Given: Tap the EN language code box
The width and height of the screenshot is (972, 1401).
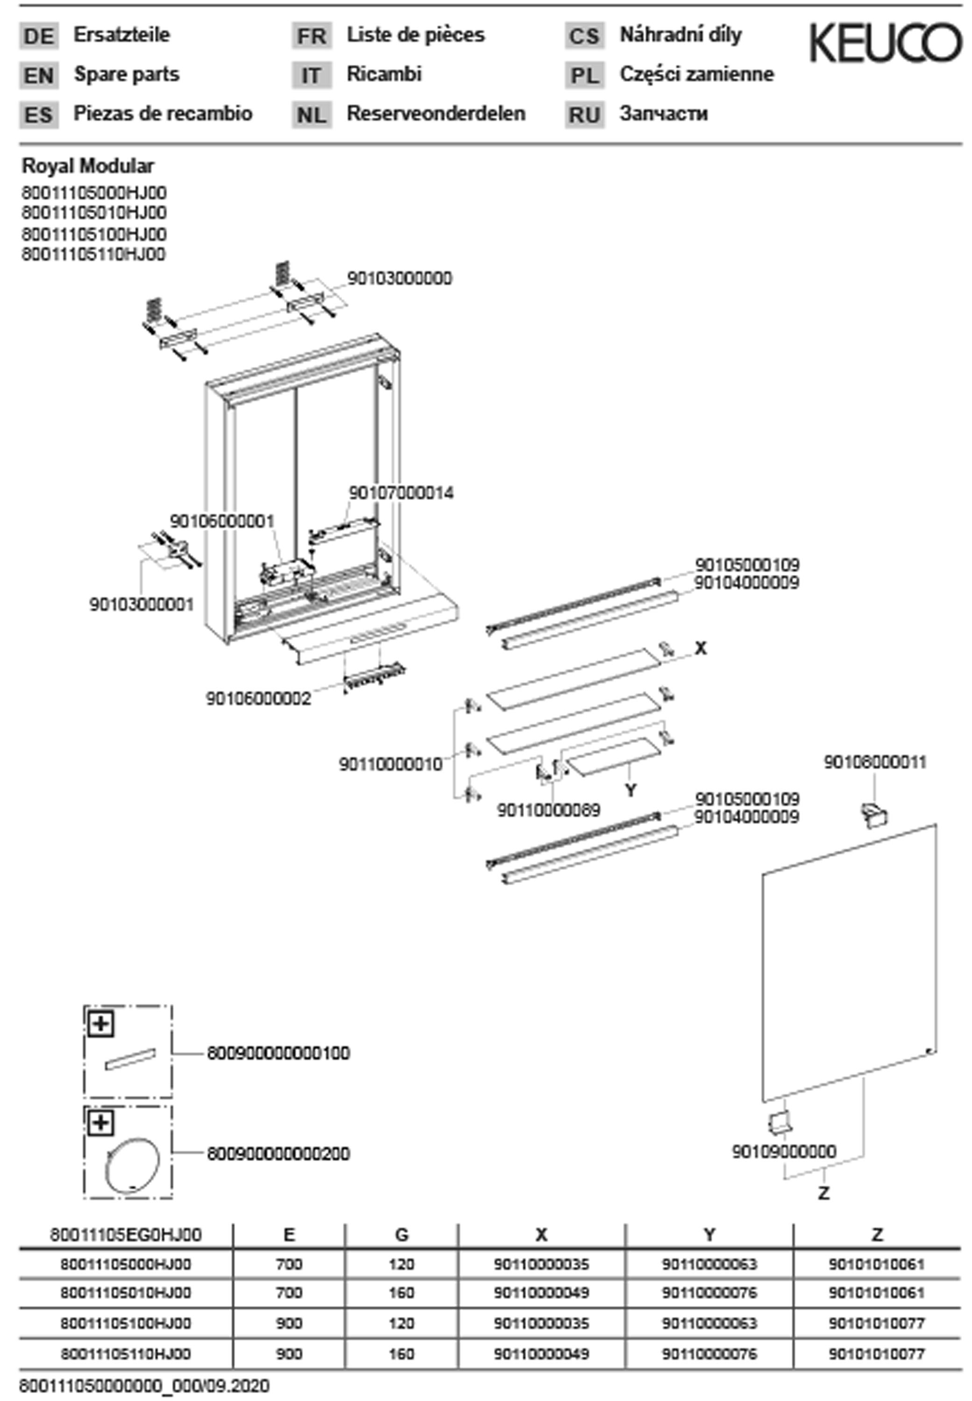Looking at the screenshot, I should (x=39, y=76).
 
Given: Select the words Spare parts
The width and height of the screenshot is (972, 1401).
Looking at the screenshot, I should (x=127, y=74).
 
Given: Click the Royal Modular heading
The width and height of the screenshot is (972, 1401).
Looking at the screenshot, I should (x=88, y=166).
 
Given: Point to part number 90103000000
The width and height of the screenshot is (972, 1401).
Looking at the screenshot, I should (x=399, y=278).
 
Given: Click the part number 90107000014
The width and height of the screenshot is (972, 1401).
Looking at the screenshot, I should (x=401, y=493).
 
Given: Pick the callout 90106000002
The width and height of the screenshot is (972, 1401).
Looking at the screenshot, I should (x=258, y=698).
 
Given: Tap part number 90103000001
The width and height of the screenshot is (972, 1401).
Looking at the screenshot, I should (x=142, y=605).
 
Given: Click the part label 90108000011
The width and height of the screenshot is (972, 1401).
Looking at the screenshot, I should (x=874, y=762).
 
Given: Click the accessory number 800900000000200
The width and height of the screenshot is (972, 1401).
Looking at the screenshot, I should (x=278, y=1154).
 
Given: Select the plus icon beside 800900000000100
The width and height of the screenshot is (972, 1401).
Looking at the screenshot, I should (x=101, y=1024).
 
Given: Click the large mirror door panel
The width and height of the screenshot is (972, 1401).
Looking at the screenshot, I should (x=849, y=962).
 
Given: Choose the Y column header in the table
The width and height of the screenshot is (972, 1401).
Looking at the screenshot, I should (x=709, y=1235).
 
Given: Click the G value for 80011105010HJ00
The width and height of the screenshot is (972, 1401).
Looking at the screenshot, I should (x=401, y=1293).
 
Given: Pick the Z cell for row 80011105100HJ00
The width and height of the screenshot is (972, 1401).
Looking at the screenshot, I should (x=876, y=1323).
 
